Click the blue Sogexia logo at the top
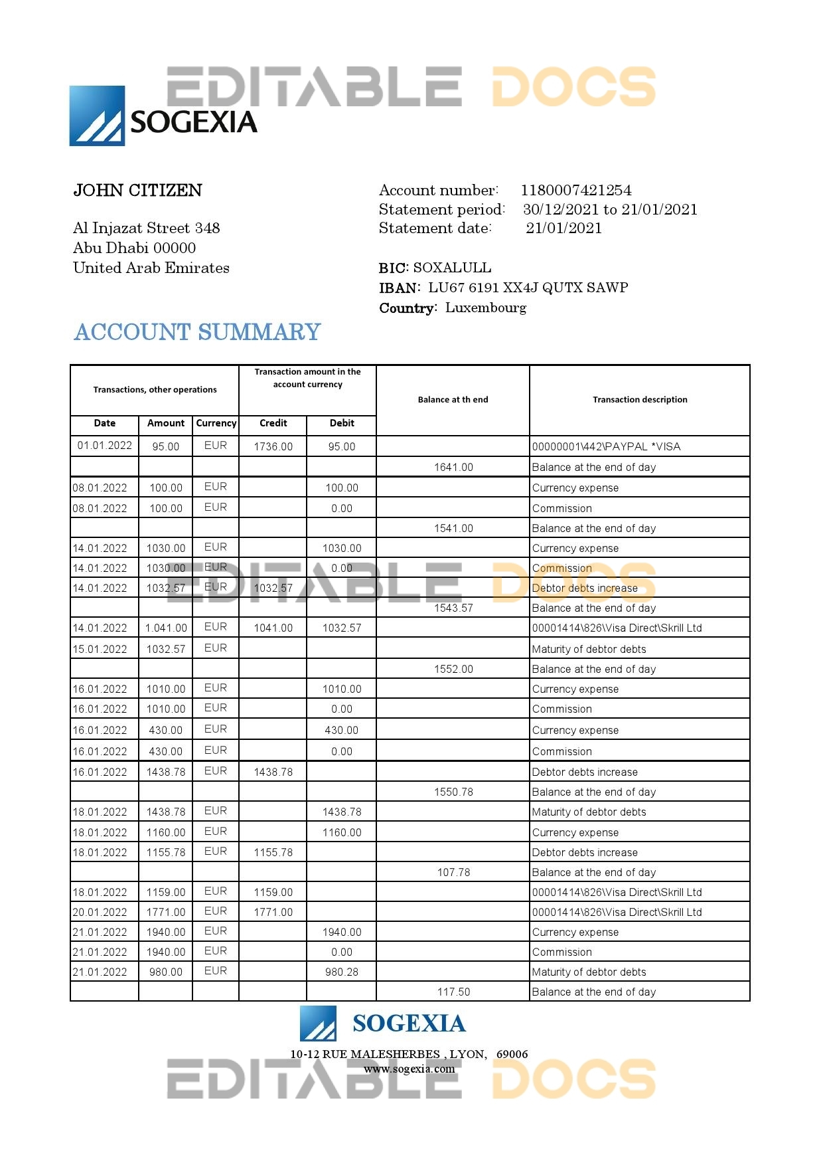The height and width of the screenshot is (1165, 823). point(98,116)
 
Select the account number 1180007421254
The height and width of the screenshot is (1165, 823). point(575,191)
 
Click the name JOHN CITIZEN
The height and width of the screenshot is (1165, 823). point(137,191)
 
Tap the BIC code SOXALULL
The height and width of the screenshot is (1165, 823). point(452,268)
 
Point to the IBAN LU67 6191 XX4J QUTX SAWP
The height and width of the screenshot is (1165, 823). point(528,288)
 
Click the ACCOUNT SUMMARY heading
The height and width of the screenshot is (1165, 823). point(197,332)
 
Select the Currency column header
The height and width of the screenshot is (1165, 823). point(216,423)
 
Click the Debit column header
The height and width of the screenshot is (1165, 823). point(341,423)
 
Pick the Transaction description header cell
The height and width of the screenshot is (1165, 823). point(639,400)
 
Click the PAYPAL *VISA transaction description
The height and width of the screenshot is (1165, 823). point(606,446)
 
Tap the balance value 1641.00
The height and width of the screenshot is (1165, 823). point(453,467)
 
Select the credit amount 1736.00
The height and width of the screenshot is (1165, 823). point(273,446)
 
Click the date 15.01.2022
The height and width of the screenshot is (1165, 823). point(100,649)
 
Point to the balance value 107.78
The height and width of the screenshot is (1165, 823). point(453,872)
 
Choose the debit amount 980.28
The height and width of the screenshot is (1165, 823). point(341,972)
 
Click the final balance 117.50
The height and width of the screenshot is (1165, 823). point(453,992)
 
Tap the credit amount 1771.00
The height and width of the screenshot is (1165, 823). point(273,912)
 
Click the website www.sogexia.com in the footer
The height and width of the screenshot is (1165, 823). point(409,1069)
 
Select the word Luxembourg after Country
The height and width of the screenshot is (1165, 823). point(486,308)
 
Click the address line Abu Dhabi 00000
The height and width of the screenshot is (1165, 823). point(134,248)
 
